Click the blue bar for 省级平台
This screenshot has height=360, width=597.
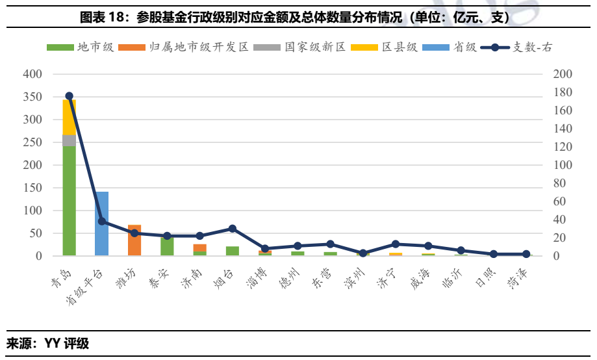pyautogui.click(x=102, y=224)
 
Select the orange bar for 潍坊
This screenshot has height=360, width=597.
pyautogui.click(x=134, y=240)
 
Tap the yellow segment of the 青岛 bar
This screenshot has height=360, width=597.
pyautogui.click(x=70, y=118)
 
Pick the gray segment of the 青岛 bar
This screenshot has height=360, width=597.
pyautogui.click(x=70, y=140)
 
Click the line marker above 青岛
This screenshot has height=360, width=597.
pyautogui.click(x=70, y=96)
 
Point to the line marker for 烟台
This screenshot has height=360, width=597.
pyautogui.click(x=233, y=229)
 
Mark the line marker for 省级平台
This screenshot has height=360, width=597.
pyautogui.click(x=102, y=222)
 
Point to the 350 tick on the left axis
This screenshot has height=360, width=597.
pyautogui.click(x=33, y=97)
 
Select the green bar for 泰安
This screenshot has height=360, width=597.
pyautogui.click(x=167, y=246)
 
